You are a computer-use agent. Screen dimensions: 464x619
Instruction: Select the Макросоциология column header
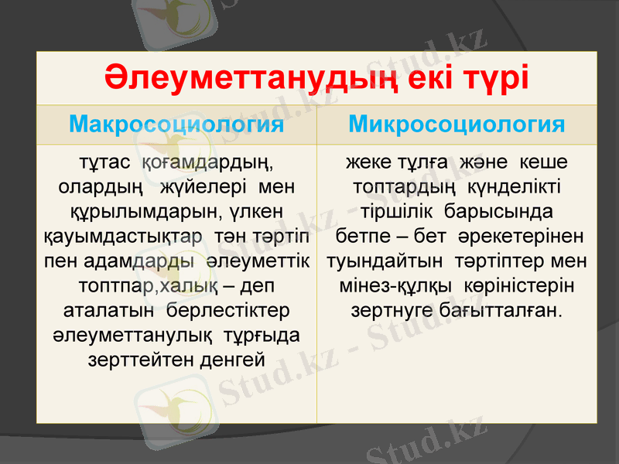pos(176,125)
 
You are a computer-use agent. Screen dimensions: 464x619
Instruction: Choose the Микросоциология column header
pos(457,125)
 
